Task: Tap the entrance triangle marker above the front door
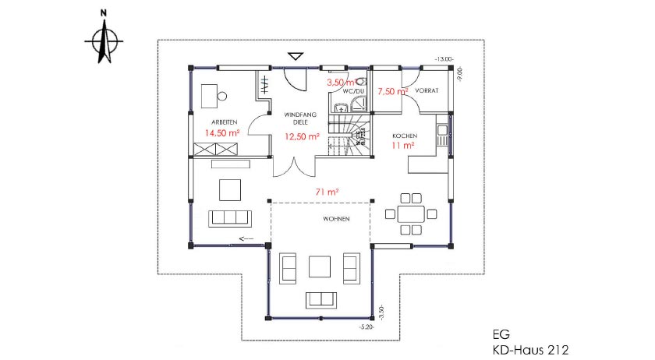[x=295, y=55]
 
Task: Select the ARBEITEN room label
[x=224, y=121]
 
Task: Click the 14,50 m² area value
[x=221, y=133]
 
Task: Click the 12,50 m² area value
[x=303, y=136]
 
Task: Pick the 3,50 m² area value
[x=340, y=82]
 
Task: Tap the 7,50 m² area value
[x=392, y=91]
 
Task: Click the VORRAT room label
[x=427, y=90]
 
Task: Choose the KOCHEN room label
[x=405, y=135]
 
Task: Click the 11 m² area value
[x=402, y=145]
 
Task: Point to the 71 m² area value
[x=326, y=191]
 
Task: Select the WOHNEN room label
[x=335, y=219]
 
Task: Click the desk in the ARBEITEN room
[x=208, y=97]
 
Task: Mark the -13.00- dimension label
[x=444, y=59]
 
